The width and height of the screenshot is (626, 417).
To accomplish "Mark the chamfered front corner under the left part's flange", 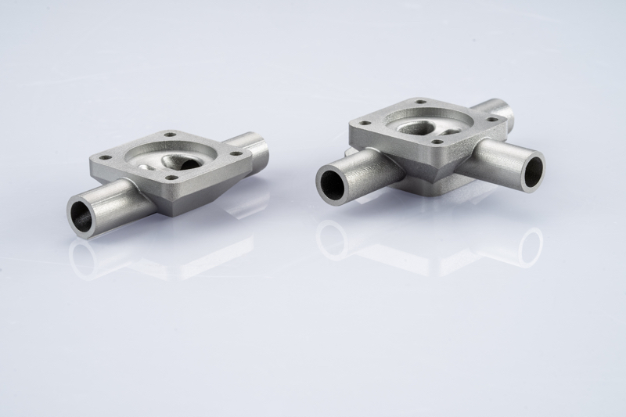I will click(x=171, y=205).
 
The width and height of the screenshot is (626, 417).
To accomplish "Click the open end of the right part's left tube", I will click(x=333, y=182).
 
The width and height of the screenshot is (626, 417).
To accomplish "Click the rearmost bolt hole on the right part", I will click(x=421, y=102).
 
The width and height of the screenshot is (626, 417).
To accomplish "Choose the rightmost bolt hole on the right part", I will click(x=493, y=120).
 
